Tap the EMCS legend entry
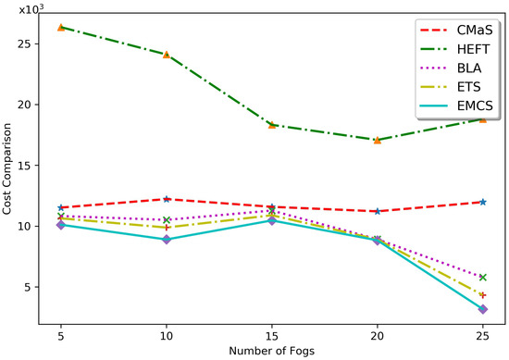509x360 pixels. click(462, 126)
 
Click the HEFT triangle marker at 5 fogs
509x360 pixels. click(61, 28)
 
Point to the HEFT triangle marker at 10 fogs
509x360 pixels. click(167, 55)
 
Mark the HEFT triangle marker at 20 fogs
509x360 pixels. click(378, 140)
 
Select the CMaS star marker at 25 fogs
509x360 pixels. click(483, 202)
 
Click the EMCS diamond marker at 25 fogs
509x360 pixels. click(483, 309)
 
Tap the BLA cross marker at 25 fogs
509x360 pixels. click(483, 278)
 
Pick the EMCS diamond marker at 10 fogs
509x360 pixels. click(167, 239)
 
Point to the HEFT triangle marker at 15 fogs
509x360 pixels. click(272, 125)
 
